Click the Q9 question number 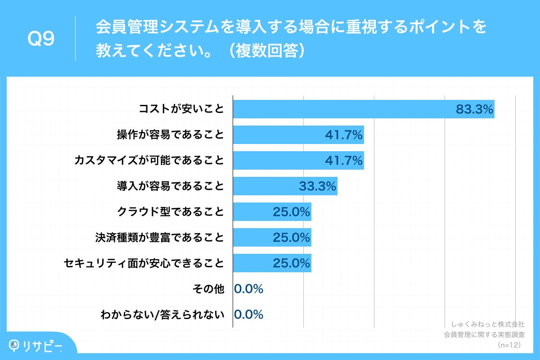41,39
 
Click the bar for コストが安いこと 342,109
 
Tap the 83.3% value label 474,109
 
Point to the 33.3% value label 318,186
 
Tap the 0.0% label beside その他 249,289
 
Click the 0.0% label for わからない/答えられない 249,315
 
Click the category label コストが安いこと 181,109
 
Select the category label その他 208,289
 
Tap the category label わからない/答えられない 162,315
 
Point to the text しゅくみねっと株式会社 488,324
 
